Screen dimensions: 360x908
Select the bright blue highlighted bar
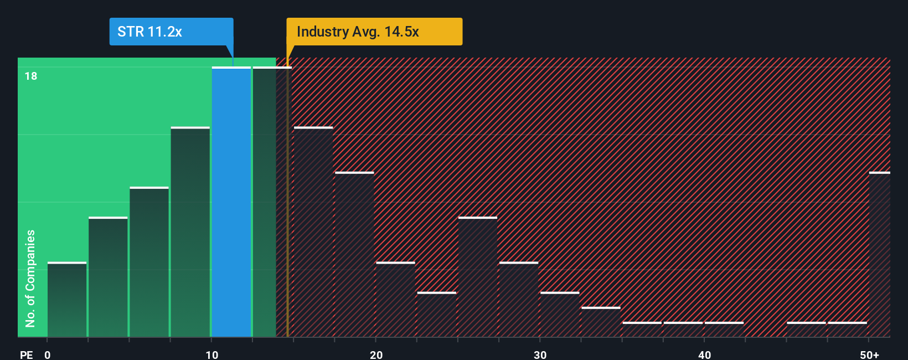point(231,202)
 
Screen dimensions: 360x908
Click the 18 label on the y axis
point(31,76)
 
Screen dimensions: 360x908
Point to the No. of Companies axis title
point(30,278)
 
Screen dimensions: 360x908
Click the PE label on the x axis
point(26,354)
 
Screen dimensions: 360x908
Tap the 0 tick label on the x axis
point(48,354)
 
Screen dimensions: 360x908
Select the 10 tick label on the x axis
point(212,354)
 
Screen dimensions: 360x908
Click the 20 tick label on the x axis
point(376,354)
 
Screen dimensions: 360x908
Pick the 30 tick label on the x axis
point(540,354)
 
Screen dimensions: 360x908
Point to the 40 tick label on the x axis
point(704,354)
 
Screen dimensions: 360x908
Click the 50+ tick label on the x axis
point(870,354)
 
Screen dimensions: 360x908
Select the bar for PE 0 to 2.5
point(67,300)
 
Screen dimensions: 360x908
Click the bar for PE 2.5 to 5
point(108,277)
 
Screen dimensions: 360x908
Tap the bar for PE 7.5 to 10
point(190,232)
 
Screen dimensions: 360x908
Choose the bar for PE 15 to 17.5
point(313,232)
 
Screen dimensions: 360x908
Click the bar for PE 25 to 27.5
point(478,277)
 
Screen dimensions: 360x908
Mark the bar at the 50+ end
point(880,255)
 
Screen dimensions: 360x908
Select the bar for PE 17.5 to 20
point(354,255)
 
